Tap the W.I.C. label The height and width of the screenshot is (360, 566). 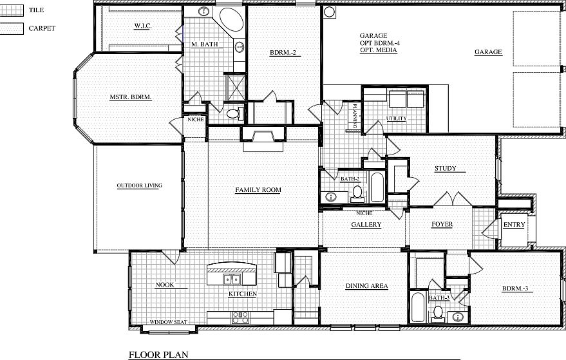(142, 26)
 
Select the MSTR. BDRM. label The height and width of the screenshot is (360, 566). (130, 97)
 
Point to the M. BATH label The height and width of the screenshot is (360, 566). (204, 44)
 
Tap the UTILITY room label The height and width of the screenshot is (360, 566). (395, 118)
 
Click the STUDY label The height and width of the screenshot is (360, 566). (445, 169)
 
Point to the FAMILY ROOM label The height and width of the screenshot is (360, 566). (258, 190)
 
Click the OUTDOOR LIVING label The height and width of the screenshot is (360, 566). (139, 185)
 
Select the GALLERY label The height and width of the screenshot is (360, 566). (366, 225)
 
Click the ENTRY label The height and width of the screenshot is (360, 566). (514, 225)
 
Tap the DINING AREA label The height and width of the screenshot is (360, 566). (366, 286)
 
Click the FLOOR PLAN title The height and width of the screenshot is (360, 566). (155, 354)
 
